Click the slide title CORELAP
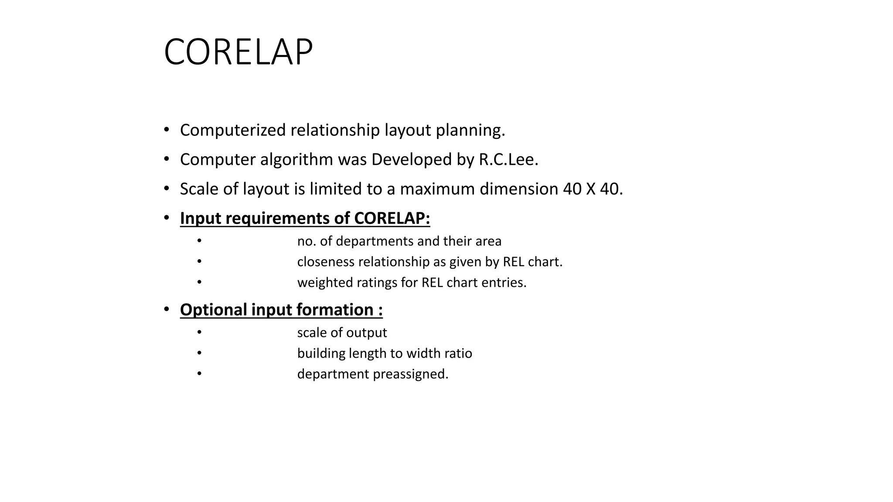238,52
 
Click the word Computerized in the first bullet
233,130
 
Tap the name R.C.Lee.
508,159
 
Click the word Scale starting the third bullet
199,189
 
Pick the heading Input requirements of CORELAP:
305,218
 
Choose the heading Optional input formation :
281,310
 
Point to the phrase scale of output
342,332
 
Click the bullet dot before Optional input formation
167,309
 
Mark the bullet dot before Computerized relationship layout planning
167,130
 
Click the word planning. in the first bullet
470,130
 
